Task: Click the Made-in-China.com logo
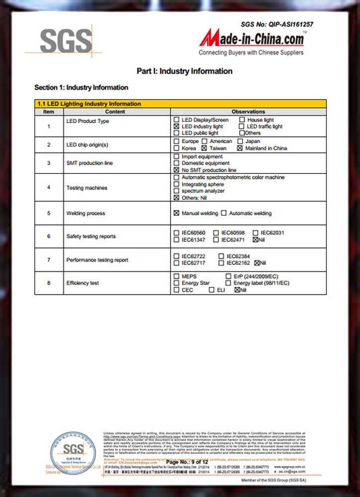click(252, 38)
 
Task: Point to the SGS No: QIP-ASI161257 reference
click(277, 24)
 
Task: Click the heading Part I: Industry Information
click(184, 71)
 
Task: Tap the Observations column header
click(248, 112)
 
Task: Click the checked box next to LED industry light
click(177, 127)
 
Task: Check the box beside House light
click(242, 120)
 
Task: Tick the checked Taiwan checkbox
click(204, 148)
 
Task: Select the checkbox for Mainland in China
click(240, 148)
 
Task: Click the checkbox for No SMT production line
click(177, 170)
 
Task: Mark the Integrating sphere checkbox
click(177, 184)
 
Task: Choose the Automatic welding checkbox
click(224, 213)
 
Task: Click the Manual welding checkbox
click(177, 213)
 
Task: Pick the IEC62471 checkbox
click(216, 240)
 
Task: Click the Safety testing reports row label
click(91, 236)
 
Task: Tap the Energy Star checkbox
click(177, 283)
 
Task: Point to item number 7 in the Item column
click(49, 260)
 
